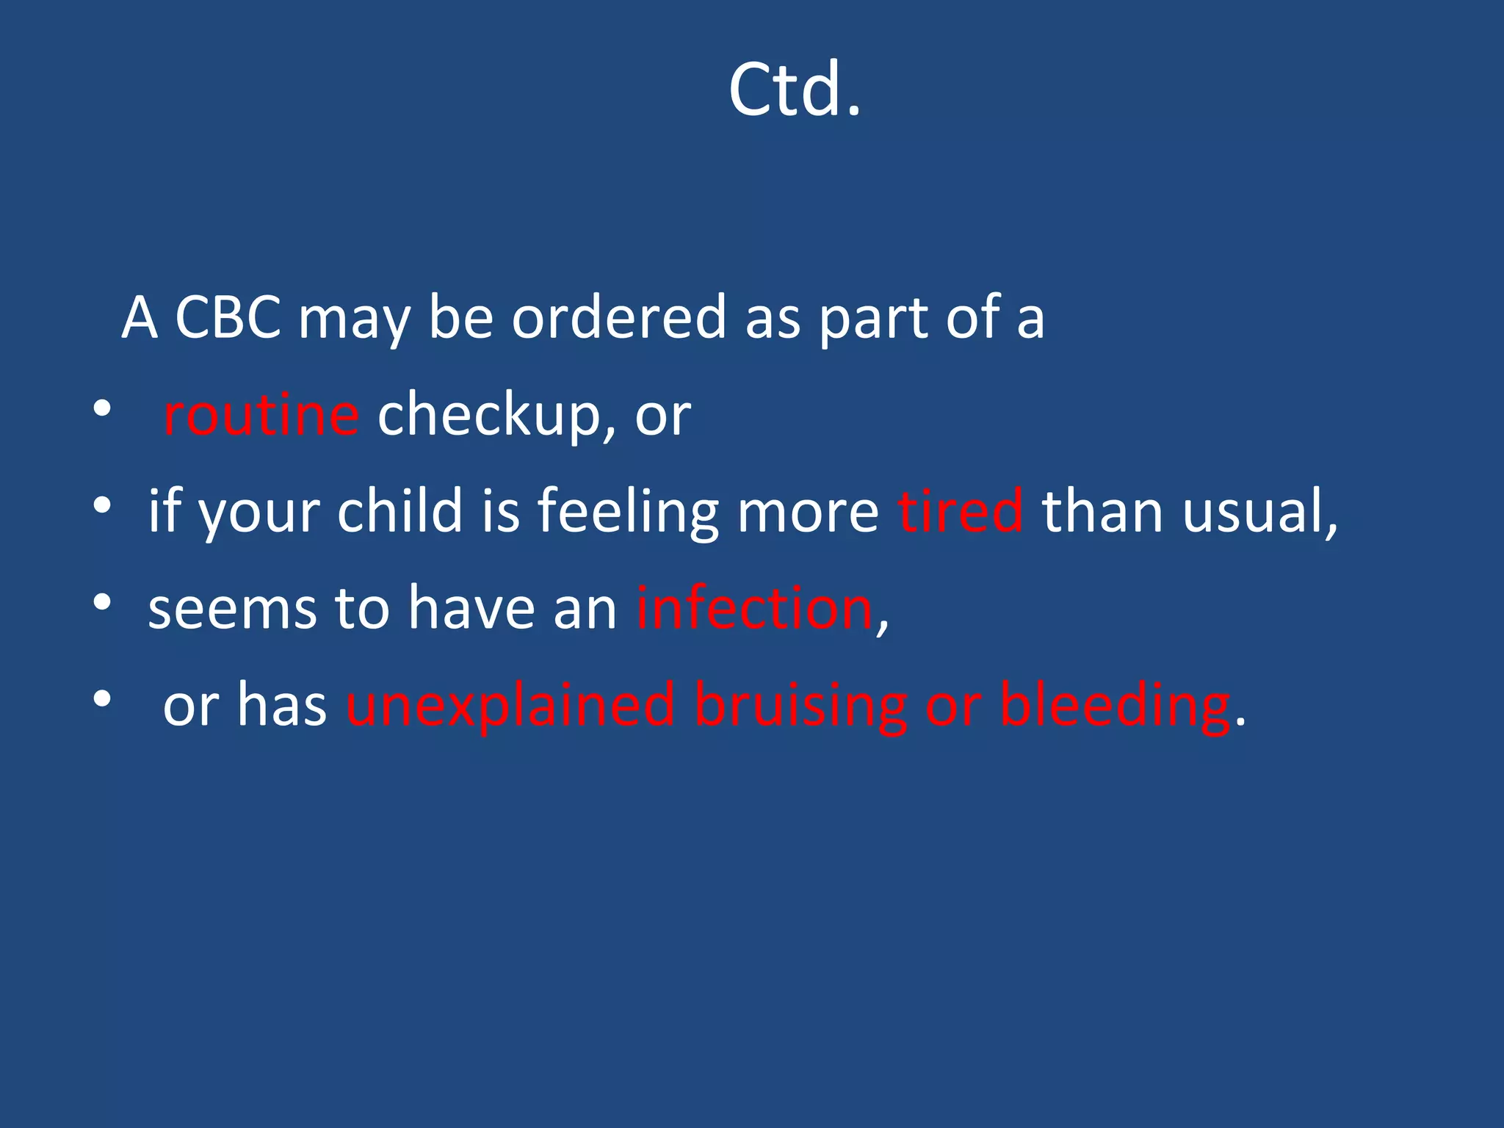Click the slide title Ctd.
click(x=795, y=90)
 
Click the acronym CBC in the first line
click(x=228, y=317)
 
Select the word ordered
click(x=618, y=317)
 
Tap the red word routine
click(x=261, y=415)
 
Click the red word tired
click(x=960, y=510)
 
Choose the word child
click(x=399, y=510)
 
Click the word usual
click(x=1258, y=510)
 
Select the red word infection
click(x=754, y=608)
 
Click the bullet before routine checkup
click(x=102, y=408)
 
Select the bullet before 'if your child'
click(x=102, y=505)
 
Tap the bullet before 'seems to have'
click(x=102, y=602)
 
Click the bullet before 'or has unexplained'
click(x=102, y=699)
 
